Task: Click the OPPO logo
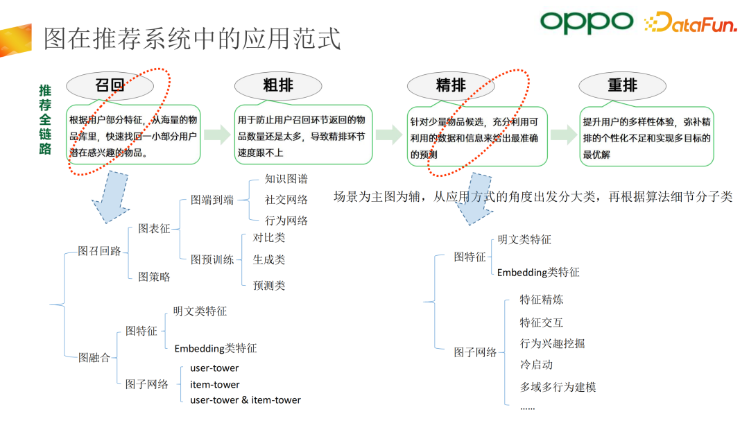click(587, 22)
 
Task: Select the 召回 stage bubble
click(110, 85)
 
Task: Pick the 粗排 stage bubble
click(278, 85)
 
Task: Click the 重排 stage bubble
click(622, 85)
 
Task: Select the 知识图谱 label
click(286, 178)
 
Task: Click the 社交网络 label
click(286, 199)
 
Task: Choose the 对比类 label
click(269, 237)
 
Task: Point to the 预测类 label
click(269, 285)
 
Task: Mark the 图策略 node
click(154, 276)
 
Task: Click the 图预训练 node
click(212, 259)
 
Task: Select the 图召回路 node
click(99, 250)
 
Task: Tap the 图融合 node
click(94, 357)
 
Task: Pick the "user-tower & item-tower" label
click(246, 399)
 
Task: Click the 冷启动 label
click(536, 364)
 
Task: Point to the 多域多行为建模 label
click(558, 386)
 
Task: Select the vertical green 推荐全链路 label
click(45, 119)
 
